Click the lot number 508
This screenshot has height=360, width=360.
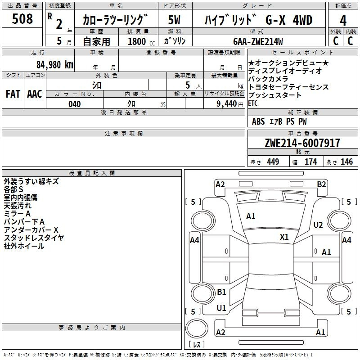pyautogui.click(x=22, y=18)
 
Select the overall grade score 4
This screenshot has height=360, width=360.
pyautogui.click(x=343, y=21)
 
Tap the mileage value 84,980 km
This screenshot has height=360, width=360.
pyautogui.click(x=54, y=65)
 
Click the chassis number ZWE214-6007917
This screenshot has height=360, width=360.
pyautogui.click(x=302, y=143)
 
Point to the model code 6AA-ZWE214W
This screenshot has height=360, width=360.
pyautogui.click(x=258, y=41)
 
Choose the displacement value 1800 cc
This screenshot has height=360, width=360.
pyautogui.click(x=141, y=41)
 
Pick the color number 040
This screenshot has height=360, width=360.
pyautogui.click(x=75, y=104)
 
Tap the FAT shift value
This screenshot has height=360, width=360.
pyautogui.click(x=13, y=94)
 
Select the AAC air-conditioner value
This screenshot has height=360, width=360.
pyautogui.click(x=35, y=94)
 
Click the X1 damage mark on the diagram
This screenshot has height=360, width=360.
pyautogui.click(x=284, y=237)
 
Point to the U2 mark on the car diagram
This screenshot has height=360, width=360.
pyautogui.click(x=318, y=225)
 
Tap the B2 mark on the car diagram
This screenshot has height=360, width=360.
pyautogui.click(x=321, y=184)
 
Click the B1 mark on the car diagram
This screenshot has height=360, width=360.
pyautogui.click(x=221, y=292)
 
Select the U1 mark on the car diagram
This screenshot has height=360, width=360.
pyautogui.click(x=221, y=308)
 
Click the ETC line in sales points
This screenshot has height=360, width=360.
pyautogui.click(x=253, y=103)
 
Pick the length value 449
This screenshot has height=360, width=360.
pyautogui.click(x=273, y=162)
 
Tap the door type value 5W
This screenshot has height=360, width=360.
pyautogui.click(x=174, y=20)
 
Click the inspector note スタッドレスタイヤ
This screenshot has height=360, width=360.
pyautogui.click(x=34, y=238)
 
